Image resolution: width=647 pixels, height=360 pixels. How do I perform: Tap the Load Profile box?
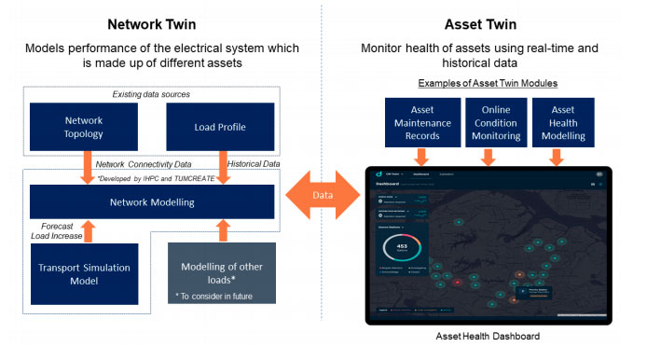tap(219, 128)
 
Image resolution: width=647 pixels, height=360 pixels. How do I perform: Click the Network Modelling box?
tap(153, 201)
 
